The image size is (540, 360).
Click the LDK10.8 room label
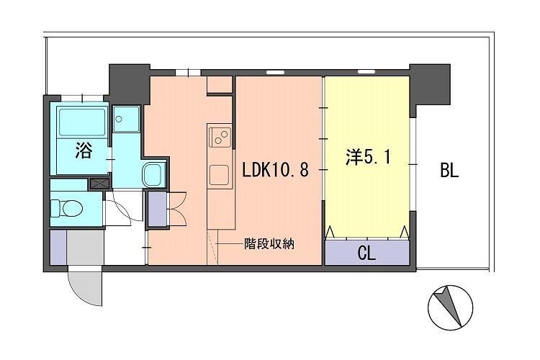pyautogui.click(x=276, y=171)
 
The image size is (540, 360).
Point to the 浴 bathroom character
pyautogui.click(x=84, y=150)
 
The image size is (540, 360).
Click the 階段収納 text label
pyautogui.click(x=267, y=244)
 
